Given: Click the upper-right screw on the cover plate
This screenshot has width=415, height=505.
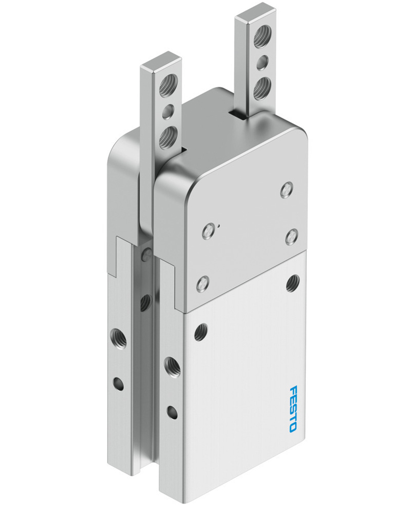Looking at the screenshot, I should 287,190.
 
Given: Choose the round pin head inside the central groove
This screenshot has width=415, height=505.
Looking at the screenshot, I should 147,252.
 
